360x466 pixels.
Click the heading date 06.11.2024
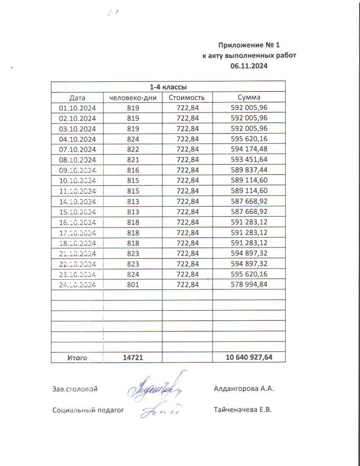(x=249, y=66)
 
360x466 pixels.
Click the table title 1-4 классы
(x=168, y=87)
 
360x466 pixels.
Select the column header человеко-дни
(x=133, y=97)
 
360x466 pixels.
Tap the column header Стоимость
(x=187, y=97)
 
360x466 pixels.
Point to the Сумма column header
(x=249, y=97)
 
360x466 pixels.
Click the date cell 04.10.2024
(x=78, y=139)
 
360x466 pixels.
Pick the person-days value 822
(x=133, y=149)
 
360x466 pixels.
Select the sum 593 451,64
(x=249, y=160)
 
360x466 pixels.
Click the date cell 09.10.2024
(x=78, y=170)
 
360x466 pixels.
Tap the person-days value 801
(x=133, y=285)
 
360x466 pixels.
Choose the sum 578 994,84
(x=249, y=285)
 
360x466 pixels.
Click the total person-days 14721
(x=133, y=358)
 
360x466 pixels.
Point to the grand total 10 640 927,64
(x=249, y=358)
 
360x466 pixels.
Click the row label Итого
(x=77, y=358)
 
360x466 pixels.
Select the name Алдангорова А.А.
(x=244, y=389)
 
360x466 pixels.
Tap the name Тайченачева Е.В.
(x=243, y=410)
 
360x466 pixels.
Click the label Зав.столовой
(x=75, y=389)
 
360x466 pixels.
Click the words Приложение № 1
(x=249, y=45)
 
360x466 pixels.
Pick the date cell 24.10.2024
(x=78, y=285)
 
